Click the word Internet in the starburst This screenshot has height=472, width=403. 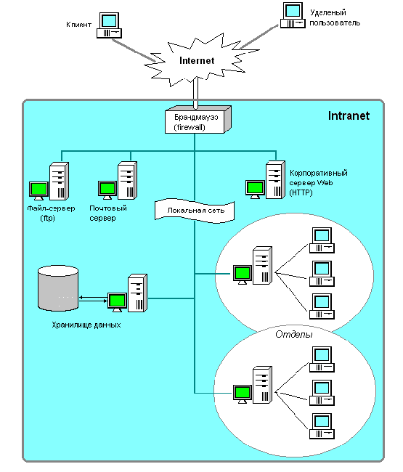pos(197,60)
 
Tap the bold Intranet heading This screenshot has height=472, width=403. pos(349,116)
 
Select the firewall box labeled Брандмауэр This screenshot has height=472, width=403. pos(198,120)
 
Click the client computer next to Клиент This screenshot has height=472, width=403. pos(109,25)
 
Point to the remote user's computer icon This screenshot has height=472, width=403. pos(293,15)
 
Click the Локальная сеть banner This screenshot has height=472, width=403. pos(195,211)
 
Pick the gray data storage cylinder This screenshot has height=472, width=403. pos(58,288)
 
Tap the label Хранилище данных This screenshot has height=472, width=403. pos(86,325)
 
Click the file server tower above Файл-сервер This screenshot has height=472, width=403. pos(59,181)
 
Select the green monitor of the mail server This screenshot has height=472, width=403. pos(107,190)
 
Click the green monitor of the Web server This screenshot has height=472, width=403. pos(255,189)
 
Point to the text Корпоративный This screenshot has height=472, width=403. pos(319,173)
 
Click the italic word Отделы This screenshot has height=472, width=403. pos(294,335)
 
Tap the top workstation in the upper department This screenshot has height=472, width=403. pos(322,240)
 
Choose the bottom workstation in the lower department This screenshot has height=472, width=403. pos(322,426)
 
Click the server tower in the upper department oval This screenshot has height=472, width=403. pos(262,266)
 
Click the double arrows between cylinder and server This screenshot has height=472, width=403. pos(93,299)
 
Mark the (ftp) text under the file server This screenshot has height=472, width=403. pos(47,218)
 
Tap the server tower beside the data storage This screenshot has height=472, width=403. pos(137,293)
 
